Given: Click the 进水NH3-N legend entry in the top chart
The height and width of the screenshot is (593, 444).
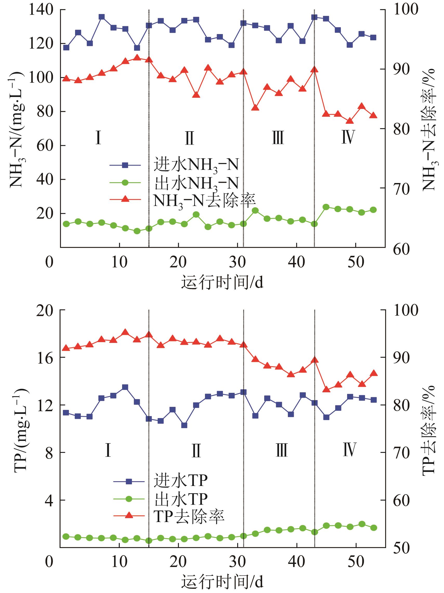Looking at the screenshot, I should (x=174, y=165).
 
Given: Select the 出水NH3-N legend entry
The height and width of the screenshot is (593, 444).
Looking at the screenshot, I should (x=174, y=183).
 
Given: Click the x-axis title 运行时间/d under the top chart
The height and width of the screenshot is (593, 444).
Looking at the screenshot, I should (x=222, y=283).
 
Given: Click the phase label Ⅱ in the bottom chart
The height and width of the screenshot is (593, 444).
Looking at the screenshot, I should (x=196, y=450).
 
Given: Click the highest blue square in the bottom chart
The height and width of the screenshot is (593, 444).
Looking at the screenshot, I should (x=125, y=387).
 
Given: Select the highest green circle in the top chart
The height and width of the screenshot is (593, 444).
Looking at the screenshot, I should (x=326, y=207).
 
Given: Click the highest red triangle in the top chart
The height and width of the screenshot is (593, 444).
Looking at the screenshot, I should (x=137, y=57).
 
